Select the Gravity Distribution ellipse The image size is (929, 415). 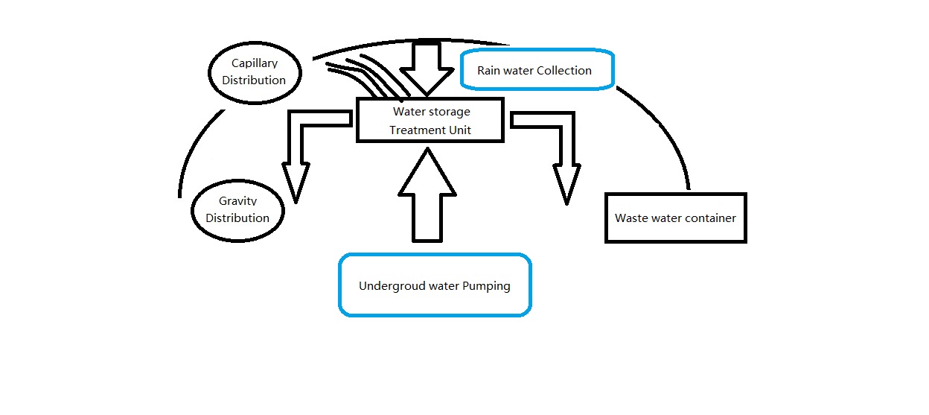(237, 210)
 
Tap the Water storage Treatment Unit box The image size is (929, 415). (430, 121)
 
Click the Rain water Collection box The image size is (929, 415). (537, 70)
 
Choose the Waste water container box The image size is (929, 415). (675, 218)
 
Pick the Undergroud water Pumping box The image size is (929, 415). (435, 285)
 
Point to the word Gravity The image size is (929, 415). (237, 202)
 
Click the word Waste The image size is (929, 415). (630, 218)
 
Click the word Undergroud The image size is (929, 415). (392, 286)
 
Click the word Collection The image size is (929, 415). (564, 70)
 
